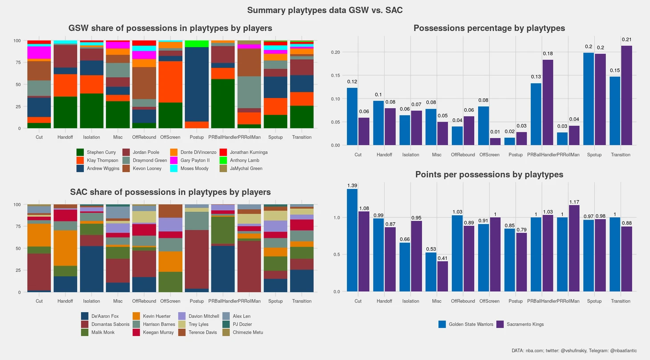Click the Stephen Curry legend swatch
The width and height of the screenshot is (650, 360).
tap(80, 152)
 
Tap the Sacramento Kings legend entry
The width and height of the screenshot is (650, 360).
tap(525, 324)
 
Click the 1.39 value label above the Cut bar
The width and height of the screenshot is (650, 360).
tap(352, 185)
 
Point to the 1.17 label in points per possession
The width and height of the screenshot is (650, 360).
tap(574, 202)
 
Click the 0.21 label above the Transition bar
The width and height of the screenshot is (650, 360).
tap(626, 40)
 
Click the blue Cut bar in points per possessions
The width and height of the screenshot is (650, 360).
tap(352, 240)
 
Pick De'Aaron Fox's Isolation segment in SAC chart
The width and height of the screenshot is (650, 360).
tap(92, 269)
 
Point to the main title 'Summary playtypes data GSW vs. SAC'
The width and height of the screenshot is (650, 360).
tap(325, 10)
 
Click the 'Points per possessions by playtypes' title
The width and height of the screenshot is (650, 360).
tap(489, 175)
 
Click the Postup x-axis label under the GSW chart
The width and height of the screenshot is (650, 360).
tap(197, 137)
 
